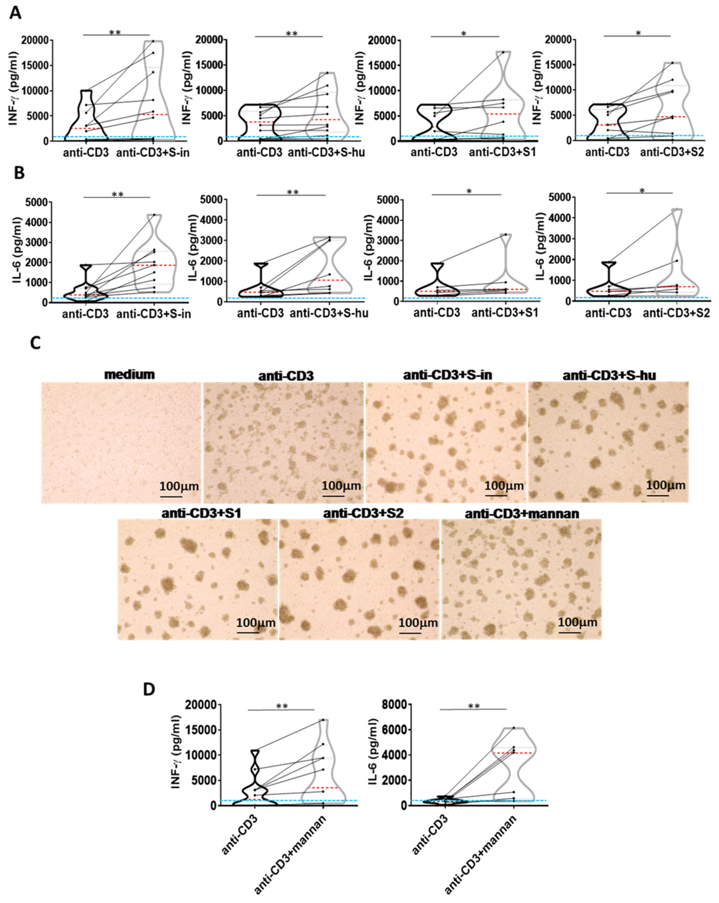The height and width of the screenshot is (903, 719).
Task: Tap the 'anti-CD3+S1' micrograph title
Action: click(x=201, y=513)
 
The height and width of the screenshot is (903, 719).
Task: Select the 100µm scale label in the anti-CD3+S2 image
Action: click(x=418, y=623)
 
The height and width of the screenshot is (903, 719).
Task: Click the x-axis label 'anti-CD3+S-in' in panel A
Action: click(x=152, y=153)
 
